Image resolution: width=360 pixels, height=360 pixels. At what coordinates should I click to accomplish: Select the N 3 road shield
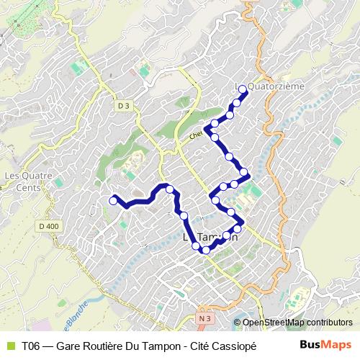click(205, 317)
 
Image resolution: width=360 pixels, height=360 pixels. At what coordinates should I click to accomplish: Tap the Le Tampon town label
click(211, 237)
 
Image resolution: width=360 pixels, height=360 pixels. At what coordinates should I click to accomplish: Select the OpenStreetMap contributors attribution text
click(297, 323)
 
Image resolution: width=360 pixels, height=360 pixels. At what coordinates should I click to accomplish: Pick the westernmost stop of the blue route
click(112, 199)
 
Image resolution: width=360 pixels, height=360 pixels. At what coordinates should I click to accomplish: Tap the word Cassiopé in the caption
click(231, 346)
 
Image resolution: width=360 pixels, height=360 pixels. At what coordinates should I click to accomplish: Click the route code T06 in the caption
click(31, 346)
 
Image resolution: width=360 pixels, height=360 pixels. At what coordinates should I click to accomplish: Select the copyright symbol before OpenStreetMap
click(238, 323)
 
